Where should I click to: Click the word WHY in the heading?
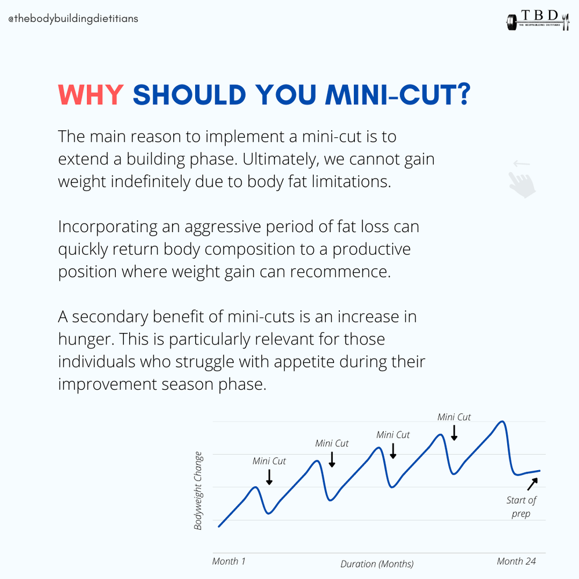(91, 95)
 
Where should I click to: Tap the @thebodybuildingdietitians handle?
(73, 19)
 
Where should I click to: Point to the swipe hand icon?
(522, 179)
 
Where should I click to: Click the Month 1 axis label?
(229, 561)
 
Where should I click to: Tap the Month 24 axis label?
(516, 561)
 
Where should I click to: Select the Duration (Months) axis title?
(377, 563)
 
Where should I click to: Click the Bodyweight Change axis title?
(198, 491)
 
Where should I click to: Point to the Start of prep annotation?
(521, 507)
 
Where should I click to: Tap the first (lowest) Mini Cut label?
(269, 461)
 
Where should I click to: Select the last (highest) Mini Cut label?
(454, 417)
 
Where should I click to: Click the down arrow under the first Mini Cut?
(269, 477)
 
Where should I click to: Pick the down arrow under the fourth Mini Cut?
(454, 433)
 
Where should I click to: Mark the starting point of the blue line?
(218, 526)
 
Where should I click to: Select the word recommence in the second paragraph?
(341, 272)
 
